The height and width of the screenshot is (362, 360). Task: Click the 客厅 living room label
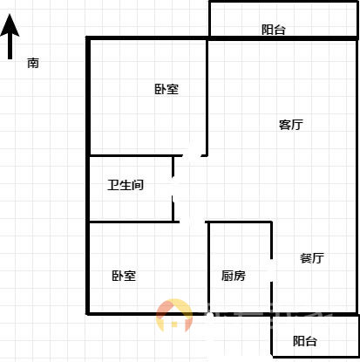tap(291, 125)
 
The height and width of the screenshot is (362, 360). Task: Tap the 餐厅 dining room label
tap(312, 258)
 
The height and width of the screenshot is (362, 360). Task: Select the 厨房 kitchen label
tap(234, 276)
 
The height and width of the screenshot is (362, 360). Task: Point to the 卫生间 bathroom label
tap(126, 185)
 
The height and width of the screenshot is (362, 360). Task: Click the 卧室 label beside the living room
tap(166, 89)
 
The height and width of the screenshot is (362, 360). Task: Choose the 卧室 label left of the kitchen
tap(124, 276)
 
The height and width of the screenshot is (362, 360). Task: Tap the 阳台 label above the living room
tap(274, 30)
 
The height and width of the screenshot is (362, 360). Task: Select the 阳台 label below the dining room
tap(304, 341)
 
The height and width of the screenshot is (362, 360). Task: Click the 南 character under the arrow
tap(33, 63)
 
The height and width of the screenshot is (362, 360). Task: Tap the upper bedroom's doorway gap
tap(192, 155)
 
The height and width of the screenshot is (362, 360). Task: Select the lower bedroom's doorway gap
tap(193, 222)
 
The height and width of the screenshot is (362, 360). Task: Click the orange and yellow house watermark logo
tap(174, 316)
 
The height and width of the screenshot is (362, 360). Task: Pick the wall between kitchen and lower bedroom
tap(208, 268)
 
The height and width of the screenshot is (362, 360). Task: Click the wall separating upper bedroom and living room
tap(207, 97)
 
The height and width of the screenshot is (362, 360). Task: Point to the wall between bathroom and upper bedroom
tap(136, 156)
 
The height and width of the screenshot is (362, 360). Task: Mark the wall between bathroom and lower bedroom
tap(134, 222)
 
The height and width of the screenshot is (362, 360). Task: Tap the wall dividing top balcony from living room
tap(283, 38)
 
